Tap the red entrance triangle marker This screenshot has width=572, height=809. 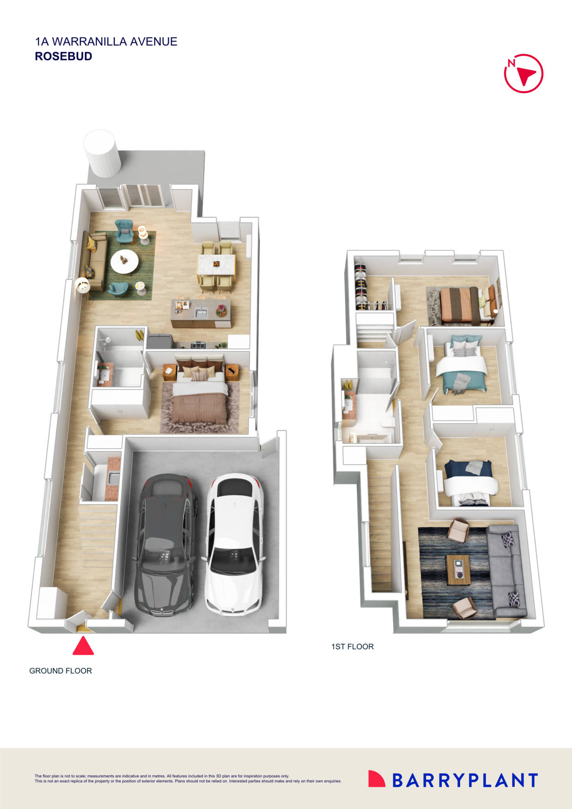(x=83, y=646)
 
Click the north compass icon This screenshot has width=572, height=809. (x=523, y=74)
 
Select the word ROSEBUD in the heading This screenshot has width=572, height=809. (x=64, y=56)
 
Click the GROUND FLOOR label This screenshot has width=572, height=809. (x=60, y=671)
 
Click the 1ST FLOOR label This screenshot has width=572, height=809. (x=352, y=647)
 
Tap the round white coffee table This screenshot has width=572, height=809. (x=124, y=262)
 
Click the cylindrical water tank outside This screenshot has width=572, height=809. (x=102, y=153)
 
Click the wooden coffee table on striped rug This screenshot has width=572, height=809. (x=458, y=570)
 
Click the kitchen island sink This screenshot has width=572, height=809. (x=201, y=313)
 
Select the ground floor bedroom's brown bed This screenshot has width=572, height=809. (x=199, y=397)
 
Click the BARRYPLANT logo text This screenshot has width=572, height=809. (x=465, y=780)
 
